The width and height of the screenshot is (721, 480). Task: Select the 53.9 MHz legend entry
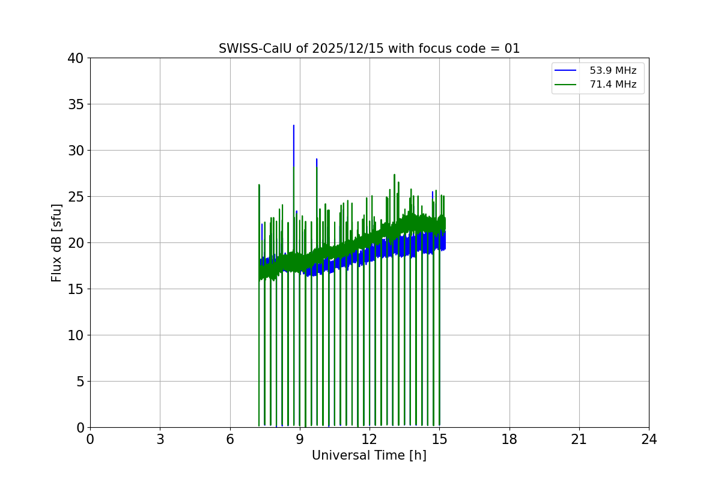pos(613,71)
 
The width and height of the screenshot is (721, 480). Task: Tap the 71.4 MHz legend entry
pos(613,85)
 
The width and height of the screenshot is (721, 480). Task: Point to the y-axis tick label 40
pos(76,58)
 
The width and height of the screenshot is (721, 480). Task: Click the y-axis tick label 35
pos(76,104)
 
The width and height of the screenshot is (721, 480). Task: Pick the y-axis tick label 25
pos(76,197)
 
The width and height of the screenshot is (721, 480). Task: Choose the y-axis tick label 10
pos(76,335)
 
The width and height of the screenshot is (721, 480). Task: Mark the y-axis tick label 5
pos(79,382)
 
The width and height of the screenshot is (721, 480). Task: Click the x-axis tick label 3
pos(160,440)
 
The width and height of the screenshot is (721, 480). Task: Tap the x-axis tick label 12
pos(370,440)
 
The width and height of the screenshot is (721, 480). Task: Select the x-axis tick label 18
pos(510,440)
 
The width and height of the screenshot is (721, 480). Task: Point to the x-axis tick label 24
pos(649,440)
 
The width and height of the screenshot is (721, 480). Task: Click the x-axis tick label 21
pos(579,440)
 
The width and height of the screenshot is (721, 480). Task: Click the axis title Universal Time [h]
pos(369,455)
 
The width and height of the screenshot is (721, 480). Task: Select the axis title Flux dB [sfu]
pos(56,242)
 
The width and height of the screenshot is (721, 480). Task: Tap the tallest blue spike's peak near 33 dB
pos(294,126)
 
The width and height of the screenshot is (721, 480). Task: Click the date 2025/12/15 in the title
pos(348,49)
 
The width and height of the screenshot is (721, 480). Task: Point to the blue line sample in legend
pos(565,71)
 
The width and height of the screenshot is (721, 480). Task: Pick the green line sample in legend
pos(565,85)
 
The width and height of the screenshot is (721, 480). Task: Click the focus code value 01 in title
pos(512,49)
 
